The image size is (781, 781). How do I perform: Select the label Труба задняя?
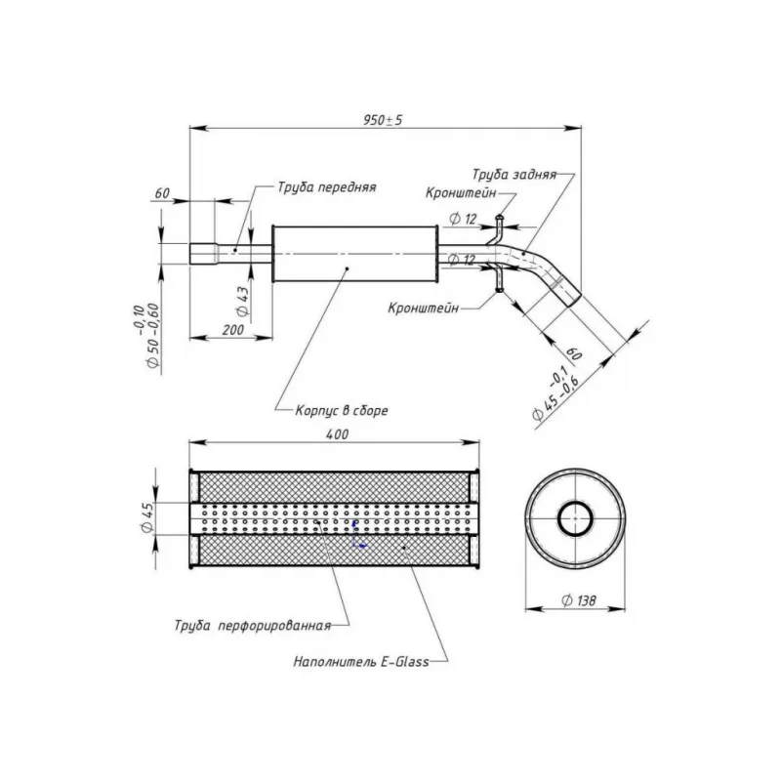tap(514, 176)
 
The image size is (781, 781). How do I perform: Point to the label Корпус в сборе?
tap(342, 411)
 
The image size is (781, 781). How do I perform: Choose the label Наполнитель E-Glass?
tap(361, 661)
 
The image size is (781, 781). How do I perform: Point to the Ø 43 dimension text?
tap(243, 298)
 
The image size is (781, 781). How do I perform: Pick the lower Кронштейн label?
tap(423, 306)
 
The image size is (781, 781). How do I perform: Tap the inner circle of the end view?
tap(574, 516)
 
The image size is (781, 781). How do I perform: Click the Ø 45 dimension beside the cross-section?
tap(145, 517)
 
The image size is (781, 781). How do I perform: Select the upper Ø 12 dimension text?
tap(463, 217)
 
